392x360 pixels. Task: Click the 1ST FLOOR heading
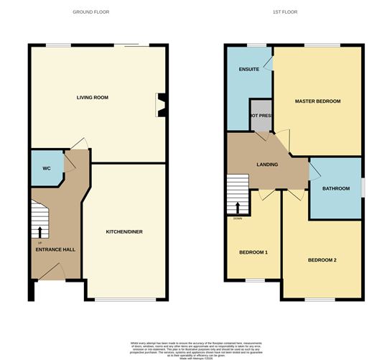pyautogui.click(x=286, y=12)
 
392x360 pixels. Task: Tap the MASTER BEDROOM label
pyautogui.click(x=317, y=101)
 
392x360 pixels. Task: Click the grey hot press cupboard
pyautogui.click(x=260, y=116)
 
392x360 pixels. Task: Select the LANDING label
pyautogui.click(x=268, y=165)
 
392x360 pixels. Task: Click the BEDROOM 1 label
pyautogui.click(x=253, y=252)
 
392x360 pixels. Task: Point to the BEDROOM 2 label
pyautogui.click(x=322, y=259)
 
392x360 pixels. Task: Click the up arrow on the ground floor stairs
pyautogui.click(x=39, y=231)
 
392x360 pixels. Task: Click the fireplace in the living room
pyautogui.click(x=162, y=104)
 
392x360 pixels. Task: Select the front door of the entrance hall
pyautogui.click(x=50, y=272)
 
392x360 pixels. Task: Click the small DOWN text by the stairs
pyautogui.click(x=238, y=218)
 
